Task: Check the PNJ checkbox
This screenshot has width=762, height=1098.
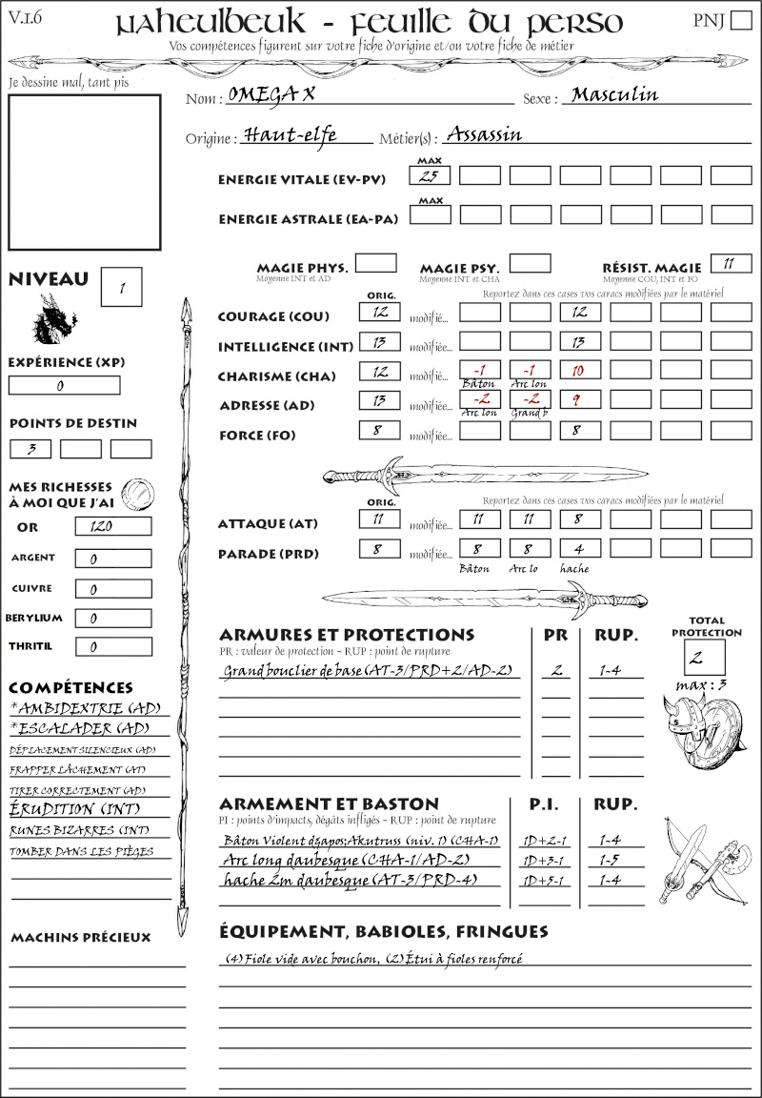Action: [x=740, y=21]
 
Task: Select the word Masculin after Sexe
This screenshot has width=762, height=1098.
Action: [x=614, y=95]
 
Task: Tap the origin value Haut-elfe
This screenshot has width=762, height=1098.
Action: [x=290, y=134]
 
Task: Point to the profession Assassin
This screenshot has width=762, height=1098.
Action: [x=484, y=134]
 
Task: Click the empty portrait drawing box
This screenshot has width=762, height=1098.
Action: [x=84, y=172]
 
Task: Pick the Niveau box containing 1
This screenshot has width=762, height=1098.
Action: [x=123, y=287]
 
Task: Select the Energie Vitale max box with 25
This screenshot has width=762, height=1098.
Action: [x=429, y=175]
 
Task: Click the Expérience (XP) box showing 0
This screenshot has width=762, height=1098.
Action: [x=64, y=386]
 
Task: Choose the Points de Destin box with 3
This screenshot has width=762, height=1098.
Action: [x=30, y=448]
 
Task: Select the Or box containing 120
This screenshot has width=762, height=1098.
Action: [x=112, y=526]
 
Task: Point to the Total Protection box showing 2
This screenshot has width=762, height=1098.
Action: [x=705, y=657]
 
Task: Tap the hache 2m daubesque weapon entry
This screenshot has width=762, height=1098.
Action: [x=348, y=880]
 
